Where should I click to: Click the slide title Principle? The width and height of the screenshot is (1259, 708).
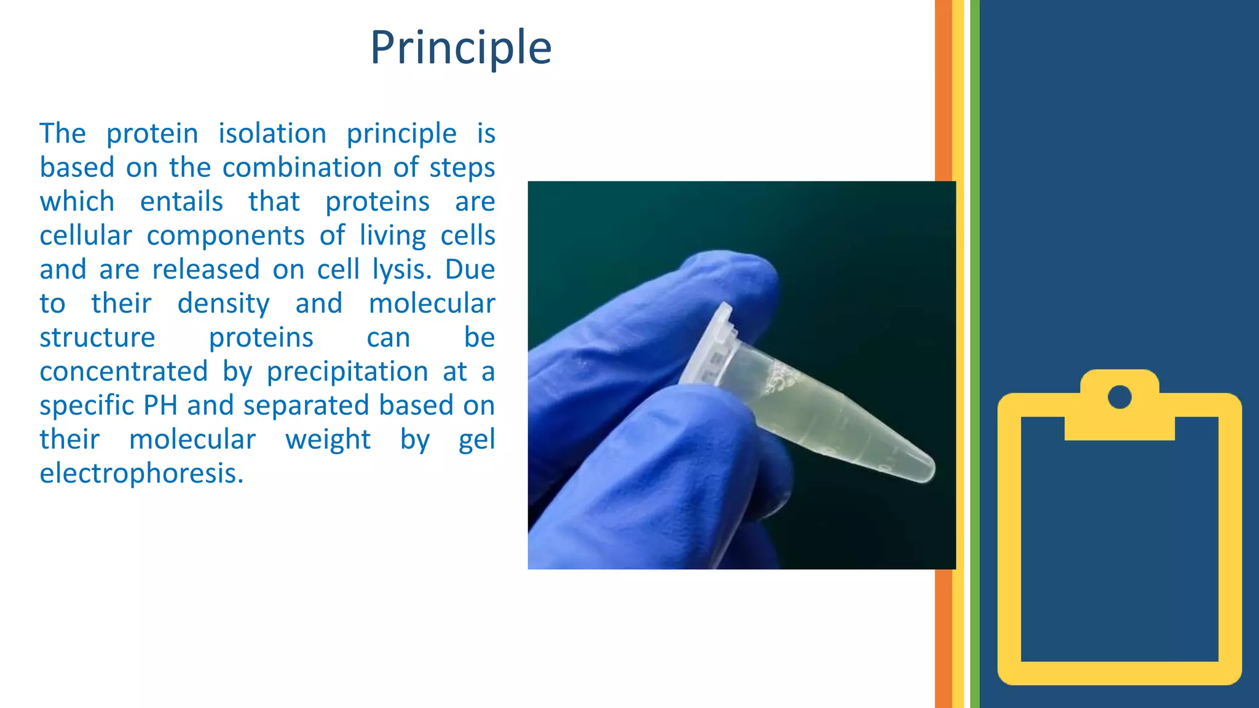460,48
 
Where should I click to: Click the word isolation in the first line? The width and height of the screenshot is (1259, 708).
272,134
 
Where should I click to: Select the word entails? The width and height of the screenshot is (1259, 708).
181,202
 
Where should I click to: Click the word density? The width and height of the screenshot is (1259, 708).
223,304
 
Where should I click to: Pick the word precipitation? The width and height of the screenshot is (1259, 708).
347,372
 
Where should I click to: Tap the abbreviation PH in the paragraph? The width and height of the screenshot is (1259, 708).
160,406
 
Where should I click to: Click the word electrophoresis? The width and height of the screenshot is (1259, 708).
141,474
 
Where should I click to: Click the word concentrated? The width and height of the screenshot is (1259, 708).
124,372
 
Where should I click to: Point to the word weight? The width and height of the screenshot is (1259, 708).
328,440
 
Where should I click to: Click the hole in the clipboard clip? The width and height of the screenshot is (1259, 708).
1119,396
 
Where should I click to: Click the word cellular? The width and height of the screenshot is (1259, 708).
85,236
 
